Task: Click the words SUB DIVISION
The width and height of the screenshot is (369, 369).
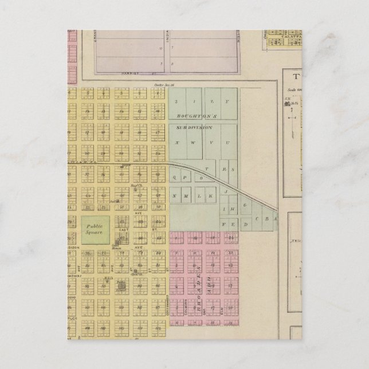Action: [194, 127]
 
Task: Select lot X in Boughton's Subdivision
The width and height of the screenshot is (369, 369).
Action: [178, 142]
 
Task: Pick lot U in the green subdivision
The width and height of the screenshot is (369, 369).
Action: [228, 142]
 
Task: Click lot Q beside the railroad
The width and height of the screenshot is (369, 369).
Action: [174, 178]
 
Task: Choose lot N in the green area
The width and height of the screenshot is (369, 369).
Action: [174, 197]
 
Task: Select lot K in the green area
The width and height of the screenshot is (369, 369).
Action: [210, 197]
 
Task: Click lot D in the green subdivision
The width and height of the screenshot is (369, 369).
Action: [245, 225]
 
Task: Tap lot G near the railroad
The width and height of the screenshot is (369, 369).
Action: [245, 204]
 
